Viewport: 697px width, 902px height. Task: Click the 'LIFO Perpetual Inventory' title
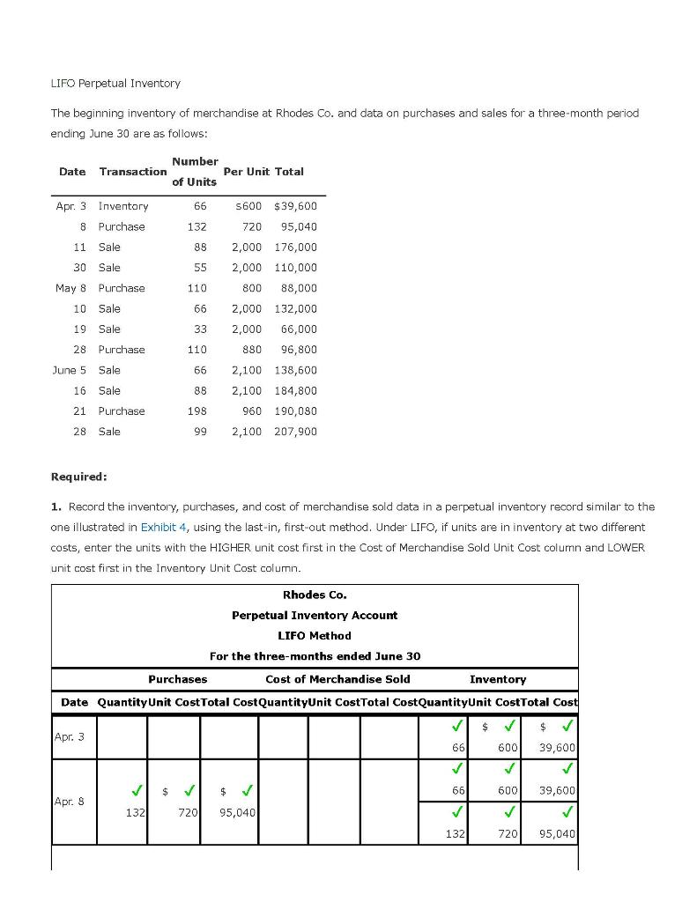[x=115, y=83]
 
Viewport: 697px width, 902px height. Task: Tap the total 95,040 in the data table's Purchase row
[x=299, y=226]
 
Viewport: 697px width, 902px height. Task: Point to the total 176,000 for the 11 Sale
[x=295, y=248]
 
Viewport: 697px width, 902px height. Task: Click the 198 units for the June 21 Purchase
[x=196, y=411]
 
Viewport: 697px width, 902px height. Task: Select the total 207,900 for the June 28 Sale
[x=295, y=432]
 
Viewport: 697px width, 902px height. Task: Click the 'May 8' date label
[x=70, y=288]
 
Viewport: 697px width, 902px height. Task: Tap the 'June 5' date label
[x=70, y=370]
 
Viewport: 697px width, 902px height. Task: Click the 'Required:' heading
[x=79, y=477]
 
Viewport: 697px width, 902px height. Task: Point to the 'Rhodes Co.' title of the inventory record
[x=315, y=595]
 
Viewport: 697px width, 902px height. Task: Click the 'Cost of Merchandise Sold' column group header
[x=337, y=679]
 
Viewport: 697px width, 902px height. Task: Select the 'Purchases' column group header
[x=177, y=679]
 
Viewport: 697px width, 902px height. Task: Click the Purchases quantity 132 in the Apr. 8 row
[x=134, y=812]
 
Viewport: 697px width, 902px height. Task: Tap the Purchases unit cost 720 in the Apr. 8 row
[x=188, y=812]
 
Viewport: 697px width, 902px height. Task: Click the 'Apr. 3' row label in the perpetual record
[x=70, y=736]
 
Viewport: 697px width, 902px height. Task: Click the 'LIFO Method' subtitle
[x=315, y=635]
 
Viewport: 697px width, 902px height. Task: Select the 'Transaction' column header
[x=133, y=172]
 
